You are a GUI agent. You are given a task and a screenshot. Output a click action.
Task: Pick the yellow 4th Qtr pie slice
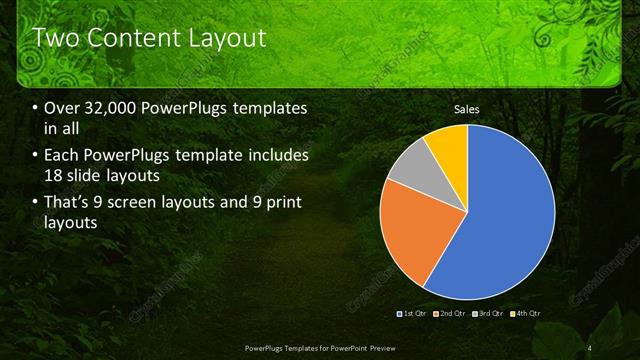[449, 143]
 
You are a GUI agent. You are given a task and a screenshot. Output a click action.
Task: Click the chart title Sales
[467, 108]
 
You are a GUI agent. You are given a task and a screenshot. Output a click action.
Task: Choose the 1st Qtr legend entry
[415, 314]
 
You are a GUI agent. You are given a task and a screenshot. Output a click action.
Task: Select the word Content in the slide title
[134, 38]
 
